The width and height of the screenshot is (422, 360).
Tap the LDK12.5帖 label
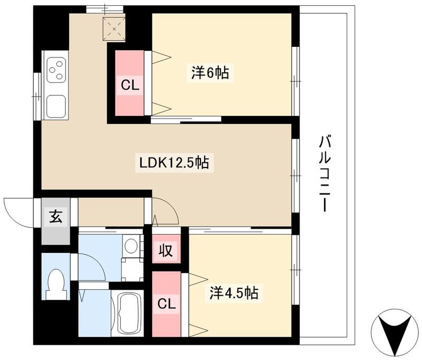pos(174,163)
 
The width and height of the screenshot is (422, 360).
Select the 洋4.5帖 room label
pos(235,293)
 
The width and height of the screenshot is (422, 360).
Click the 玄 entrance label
pos(55,217)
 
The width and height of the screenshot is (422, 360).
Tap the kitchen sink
pos(56,104)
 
